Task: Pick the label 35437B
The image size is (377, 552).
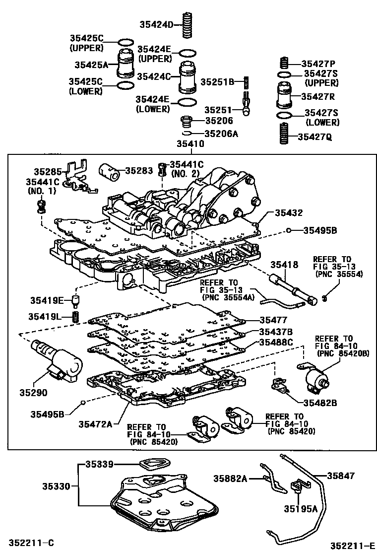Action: [276, 332]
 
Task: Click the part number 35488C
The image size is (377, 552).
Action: [276, 343]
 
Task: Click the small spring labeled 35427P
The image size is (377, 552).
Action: [284, 64]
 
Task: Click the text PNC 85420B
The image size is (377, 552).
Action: [335, 353]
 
